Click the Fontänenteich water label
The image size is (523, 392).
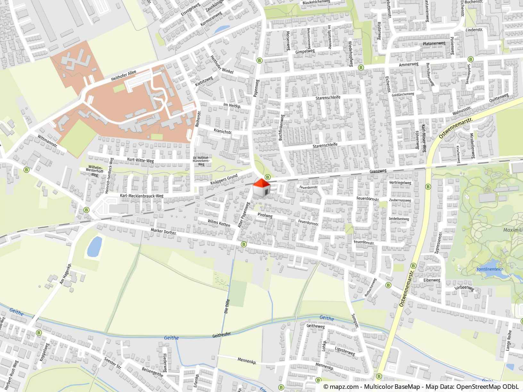490,269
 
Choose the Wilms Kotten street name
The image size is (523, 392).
219,223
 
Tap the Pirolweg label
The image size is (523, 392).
264,216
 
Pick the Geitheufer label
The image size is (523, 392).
221,335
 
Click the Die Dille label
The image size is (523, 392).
227,306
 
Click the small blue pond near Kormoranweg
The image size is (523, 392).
221,29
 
